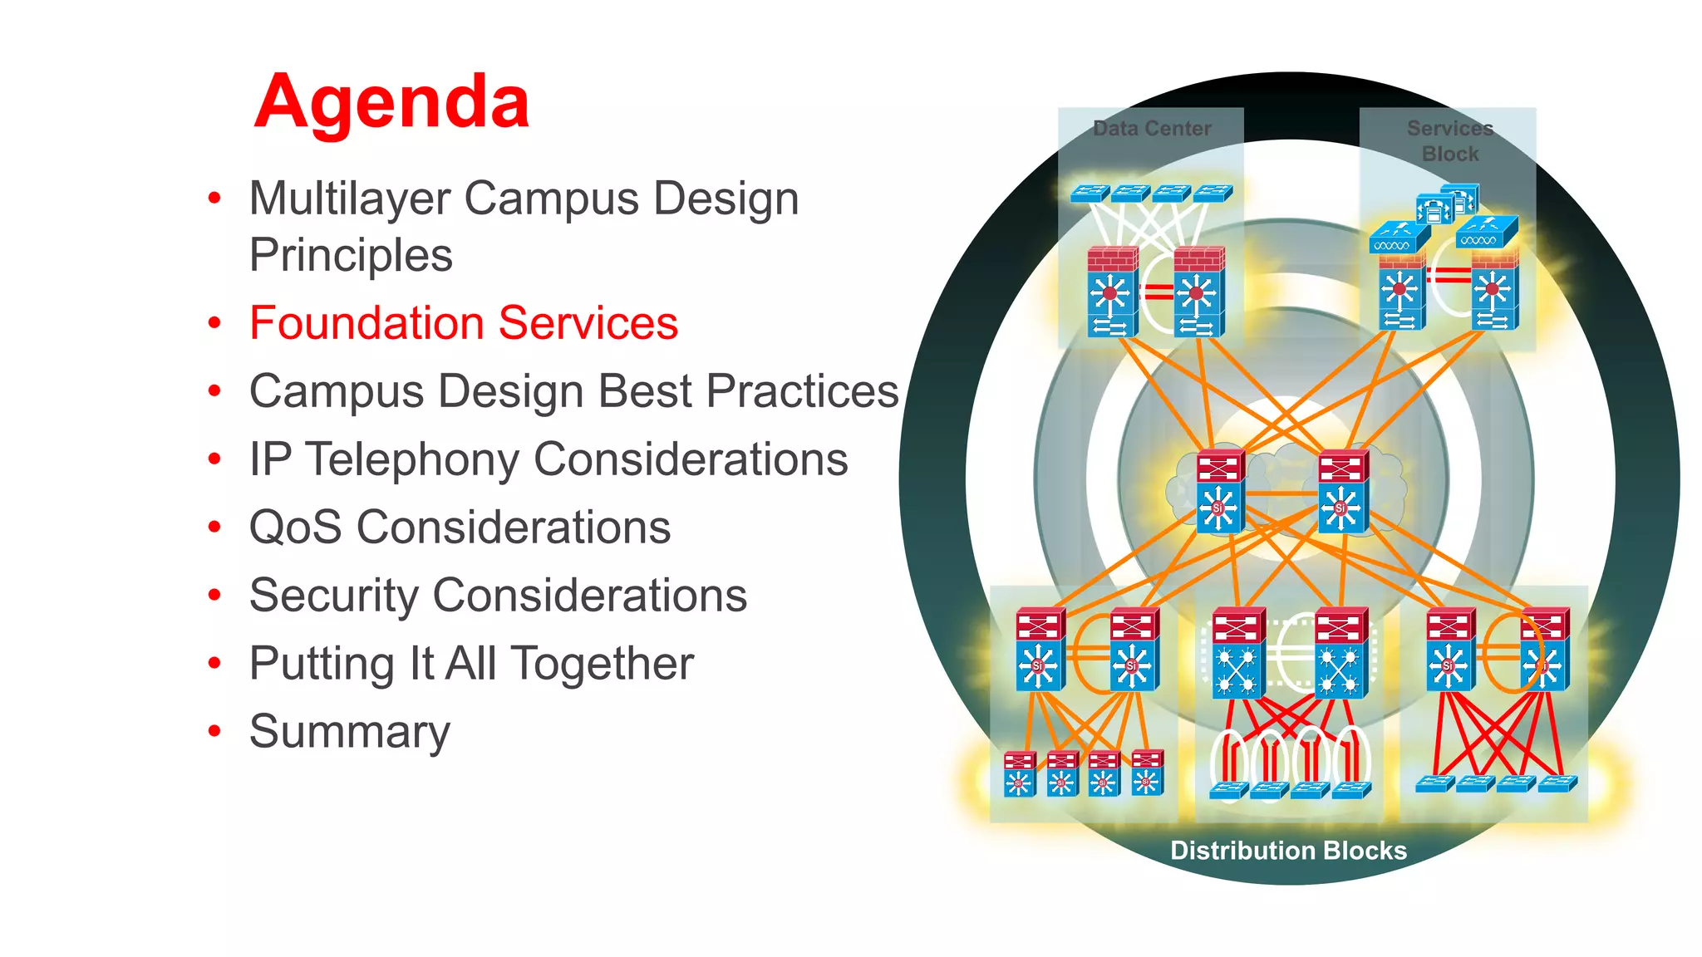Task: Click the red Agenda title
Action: (391, 102)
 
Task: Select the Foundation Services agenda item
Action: (463, 323)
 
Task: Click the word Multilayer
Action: (350, 199)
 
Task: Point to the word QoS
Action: (295, 528)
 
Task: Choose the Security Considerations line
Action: (497, 596)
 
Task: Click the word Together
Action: (602, 664)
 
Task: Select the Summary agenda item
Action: (349, 732)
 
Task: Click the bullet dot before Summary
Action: (214, 732)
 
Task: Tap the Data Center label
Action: (1152, 129)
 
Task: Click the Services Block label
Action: (1449, 141)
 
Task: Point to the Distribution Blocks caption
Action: (1288, 851)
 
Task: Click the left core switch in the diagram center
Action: (1220, 492)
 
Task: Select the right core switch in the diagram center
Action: (1342, 492)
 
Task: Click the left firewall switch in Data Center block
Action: (1112, 292)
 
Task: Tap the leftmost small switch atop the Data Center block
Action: (1090, 194)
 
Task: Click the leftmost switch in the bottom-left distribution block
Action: (1020, 773)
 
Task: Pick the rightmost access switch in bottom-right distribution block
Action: (1557, 783)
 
